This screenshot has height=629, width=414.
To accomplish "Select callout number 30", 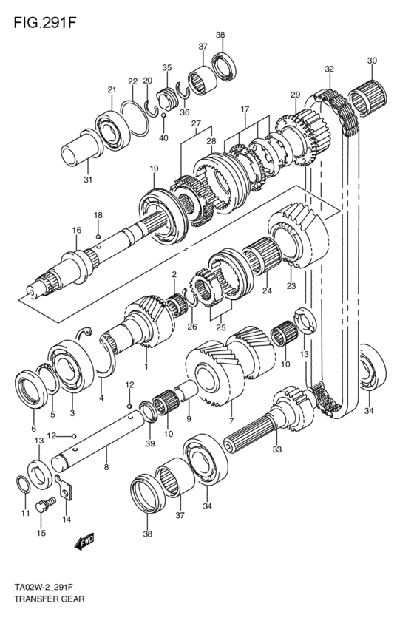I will tap(371, 61).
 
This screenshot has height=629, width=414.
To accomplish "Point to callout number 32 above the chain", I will tap(328, 69).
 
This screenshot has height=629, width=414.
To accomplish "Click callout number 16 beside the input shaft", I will tap(76, 231).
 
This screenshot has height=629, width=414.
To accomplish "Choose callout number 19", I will tap(154, 169).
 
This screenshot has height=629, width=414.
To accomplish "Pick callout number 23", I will tap(291, 285).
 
